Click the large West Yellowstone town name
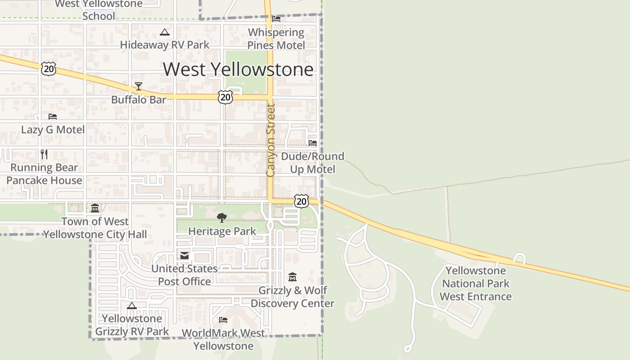coord(238,69)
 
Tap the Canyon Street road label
coord(270,140)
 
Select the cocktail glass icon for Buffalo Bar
coord(139,86)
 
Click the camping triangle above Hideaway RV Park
coord(165,32)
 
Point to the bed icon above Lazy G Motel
coord(53,116)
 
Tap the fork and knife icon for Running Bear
coord(44,154)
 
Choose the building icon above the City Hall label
coord(95,208)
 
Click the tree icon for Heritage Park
coord(221,218)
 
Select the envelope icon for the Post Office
coord(184,256)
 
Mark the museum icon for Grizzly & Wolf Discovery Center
coord(292,277)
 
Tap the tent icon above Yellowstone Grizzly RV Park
coord(131,306)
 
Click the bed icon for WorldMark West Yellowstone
coord(223,320)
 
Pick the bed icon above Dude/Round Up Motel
coord(313,143)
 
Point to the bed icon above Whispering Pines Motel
coord(276,19)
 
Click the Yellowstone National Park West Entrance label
coord(476,283)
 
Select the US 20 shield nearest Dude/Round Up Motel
coord(301,201)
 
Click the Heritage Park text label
coord(222,231)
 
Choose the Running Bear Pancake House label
coord(44,174)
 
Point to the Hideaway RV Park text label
coord(165,45)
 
